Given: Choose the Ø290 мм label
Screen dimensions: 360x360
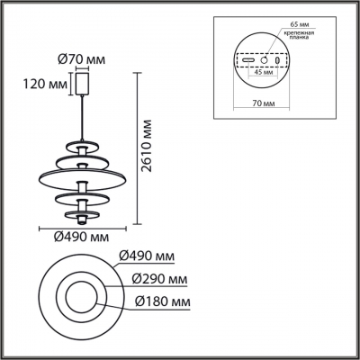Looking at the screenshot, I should [159, 279].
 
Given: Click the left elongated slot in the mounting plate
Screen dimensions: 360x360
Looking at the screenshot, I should [246, 69].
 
